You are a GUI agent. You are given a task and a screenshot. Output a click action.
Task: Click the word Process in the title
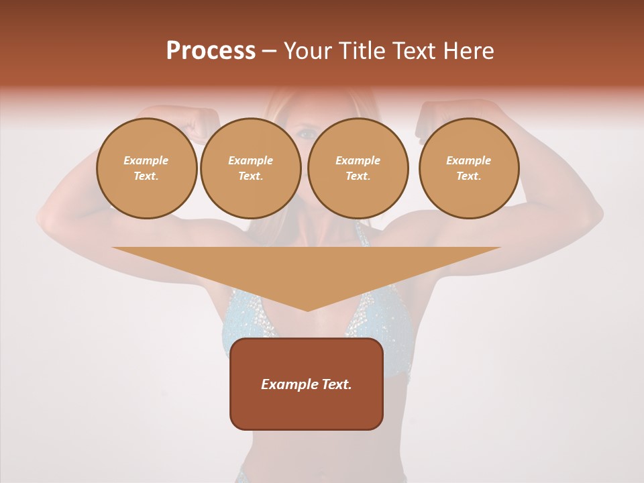(211, 51)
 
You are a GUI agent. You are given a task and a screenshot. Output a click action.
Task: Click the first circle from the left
(146, 168)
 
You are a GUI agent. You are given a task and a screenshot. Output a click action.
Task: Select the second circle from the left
(251, 168)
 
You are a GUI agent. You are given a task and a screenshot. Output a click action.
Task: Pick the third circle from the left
(358, 168)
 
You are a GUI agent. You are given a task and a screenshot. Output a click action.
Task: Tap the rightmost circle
(468, 168)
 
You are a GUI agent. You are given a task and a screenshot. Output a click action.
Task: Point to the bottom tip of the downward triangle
(307, 310)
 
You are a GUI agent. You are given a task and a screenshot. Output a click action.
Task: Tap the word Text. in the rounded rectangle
(335, 384)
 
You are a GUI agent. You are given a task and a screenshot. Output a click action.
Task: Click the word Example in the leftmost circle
(146, 160)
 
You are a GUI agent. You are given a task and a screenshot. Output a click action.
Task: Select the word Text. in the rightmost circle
(468, 176)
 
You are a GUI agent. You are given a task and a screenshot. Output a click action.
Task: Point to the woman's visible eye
(307, 134)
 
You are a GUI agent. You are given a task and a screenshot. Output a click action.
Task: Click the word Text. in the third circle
(358, 176)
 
